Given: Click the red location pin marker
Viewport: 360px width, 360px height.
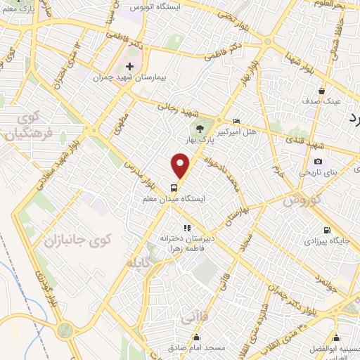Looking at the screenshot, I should click(181, 167).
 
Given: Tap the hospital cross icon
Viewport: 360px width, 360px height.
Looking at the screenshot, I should click(129, 65).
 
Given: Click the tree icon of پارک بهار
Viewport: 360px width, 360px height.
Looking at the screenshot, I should click(200, 128).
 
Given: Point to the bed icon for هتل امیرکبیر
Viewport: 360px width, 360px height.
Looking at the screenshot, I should click(236, 121).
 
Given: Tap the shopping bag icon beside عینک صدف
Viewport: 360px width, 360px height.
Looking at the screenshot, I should click(321, 91).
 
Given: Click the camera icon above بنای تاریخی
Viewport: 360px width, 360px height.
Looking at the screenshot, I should click(319, 161).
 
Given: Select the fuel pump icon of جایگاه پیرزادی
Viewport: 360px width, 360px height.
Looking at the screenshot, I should click(326, 230).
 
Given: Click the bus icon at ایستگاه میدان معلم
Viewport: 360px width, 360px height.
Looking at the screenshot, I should click(173, 188).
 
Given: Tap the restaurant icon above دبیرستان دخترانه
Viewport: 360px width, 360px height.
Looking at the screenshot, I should click(186, 228).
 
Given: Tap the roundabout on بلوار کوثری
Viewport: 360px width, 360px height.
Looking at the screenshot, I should click(66, 329).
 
